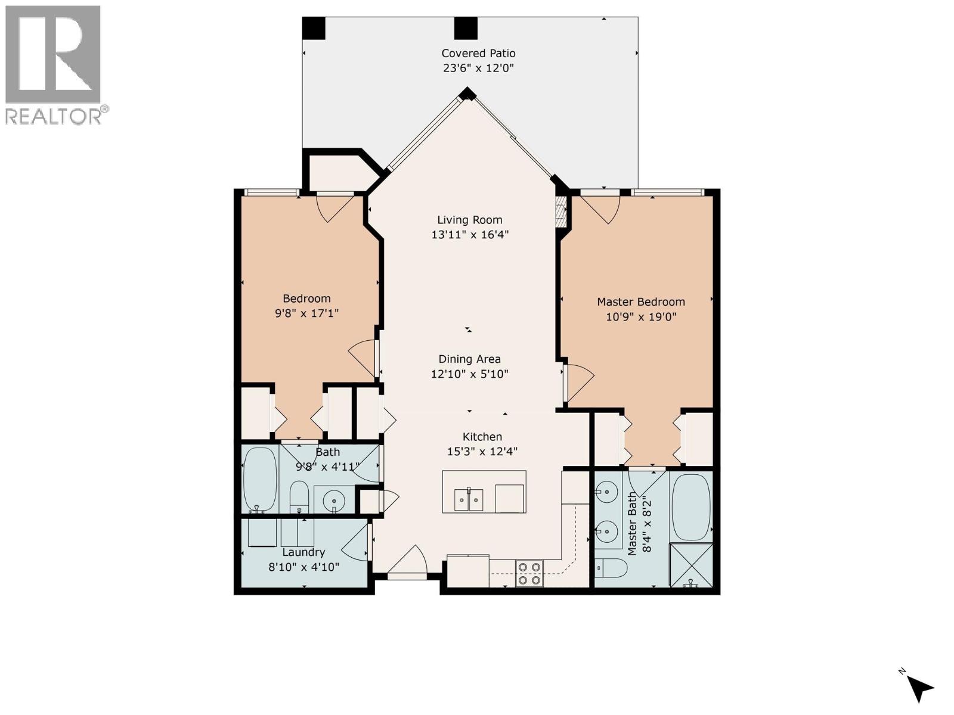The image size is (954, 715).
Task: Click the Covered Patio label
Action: click(478, 53)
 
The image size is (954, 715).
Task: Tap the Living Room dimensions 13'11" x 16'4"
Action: click(470, 235)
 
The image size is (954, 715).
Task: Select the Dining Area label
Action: click(469, 359)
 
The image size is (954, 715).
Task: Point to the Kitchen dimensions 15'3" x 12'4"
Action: click(482, 452)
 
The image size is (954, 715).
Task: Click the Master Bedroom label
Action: click(641, 301)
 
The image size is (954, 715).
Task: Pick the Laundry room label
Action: click(303, 552)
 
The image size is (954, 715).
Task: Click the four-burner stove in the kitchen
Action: click(529, 573)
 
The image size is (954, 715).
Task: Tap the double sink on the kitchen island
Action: click(469, 500)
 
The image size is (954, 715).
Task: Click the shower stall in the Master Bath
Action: click(691, 564)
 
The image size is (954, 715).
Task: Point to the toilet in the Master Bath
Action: click(611, 568)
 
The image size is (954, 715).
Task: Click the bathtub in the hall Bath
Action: click(261, 480)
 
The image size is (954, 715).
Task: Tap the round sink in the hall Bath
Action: click(333, 500)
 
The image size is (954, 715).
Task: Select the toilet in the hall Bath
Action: click(299, 498)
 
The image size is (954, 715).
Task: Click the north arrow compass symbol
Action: click(919, 688)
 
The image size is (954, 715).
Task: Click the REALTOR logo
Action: click(54, 64)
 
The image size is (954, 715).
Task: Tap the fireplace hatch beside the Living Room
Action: click(560, 212)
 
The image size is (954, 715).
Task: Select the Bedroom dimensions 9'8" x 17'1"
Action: click(306, 313)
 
